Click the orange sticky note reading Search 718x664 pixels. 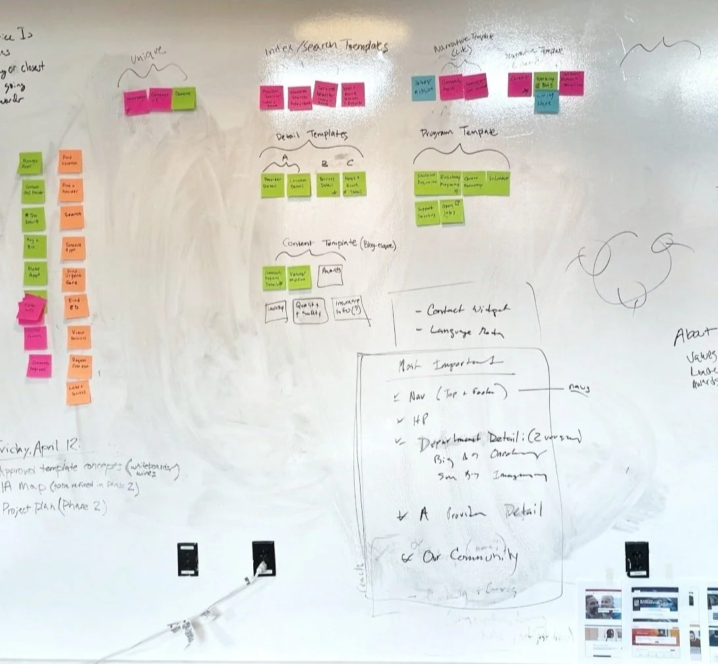click(x=72, y=216)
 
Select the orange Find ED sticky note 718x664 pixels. click(x=76, y=306)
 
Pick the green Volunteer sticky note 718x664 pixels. click(x=498, y=183)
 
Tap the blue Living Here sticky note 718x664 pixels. click(x=547, y=102)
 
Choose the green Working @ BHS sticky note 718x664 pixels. click(x=546, y=81)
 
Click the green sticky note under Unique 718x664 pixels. click(x=184, y=99)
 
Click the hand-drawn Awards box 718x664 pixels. click(x=330, y=276)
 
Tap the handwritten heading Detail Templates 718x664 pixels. click(x=312, y=135)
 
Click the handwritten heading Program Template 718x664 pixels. click(x=458, y=133)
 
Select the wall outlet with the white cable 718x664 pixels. click(x=263, y=558)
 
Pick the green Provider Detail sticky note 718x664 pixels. click(x=272, y=185)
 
